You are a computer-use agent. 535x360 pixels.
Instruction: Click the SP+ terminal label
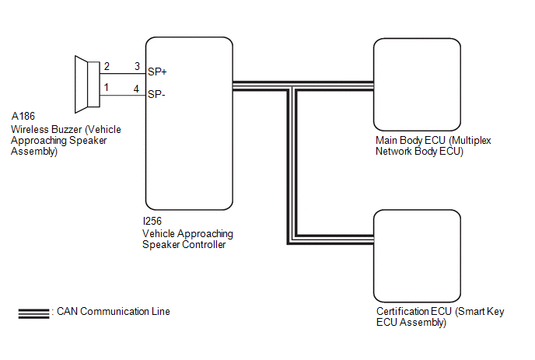tap(157, 72)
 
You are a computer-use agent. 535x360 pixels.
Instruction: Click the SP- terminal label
tap(156, 94)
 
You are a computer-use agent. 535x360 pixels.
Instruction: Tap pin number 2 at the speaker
tap(107, 66)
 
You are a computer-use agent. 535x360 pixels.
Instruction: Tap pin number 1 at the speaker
tap(107, 88)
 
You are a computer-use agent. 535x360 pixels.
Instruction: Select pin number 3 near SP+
tap(137, 66)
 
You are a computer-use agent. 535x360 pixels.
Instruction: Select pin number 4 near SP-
tap(137, 89)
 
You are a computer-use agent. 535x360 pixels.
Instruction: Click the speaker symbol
tap(87, 84)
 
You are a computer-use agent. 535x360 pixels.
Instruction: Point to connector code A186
tap(23, 117)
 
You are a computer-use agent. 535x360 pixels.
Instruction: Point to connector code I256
tap(152, 221)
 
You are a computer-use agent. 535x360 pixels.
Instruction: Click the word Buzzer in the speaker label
tap(65, 130)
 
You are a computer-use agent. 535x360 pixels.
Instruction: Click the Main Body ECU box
tap(417, 84)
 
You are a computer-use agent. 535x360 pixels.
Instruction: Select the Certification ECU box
tap(417, 256)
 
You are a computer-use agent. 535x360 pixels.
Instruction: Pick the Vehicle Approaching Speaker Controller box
tap(189, 124)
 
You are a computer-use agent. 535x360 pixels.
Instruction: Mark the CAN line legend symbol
tap(33, 313)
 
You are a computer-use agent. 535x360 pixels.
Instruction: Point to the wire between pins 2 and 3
tap(123, 73)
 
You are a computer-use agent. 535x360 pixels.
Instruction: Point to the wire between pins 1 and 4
tap(123, 95)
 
